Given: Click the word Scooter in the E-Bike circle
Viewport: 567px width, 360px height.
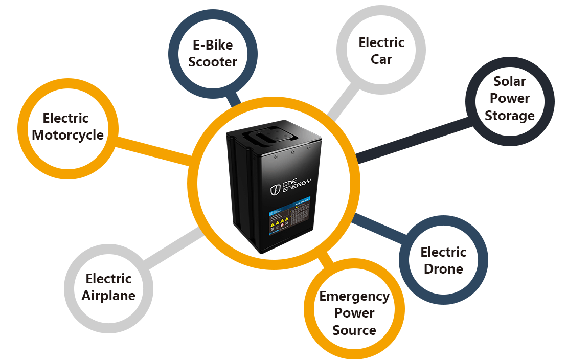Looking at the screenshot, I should click(x=213, y=62).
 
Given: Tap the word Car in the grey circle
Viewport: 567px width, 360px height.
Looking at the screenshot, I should click(x=381, y=59).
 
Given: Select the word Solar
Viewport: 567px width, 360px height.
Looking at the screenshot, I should click(x=509, y=81).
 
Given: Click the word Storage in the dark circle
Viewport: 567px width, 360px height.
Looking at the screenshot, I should click(x=509, y=116).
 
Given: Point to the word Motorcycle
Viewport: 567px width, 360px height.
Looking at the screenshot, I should click(x=67, y=135).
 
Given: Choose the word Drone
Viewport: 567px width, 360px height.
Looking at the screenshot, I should click(x=443, y=269).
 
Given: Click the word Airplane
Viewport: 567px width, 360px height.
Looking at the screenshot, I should click(x=108, y=296).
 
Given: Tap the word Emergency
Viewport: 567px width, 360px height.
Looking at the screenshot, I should click(x=354, y=296).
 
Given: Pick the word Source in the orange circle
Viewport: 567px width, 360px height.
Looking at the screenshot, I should click(x=354, y=330).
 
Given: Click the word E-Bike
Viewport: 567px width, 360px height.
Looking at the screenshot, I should click(x=213, y=45).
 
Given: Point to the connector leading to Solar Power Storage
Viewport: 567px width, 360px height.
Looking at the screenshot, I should click(x=414, y=139).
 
